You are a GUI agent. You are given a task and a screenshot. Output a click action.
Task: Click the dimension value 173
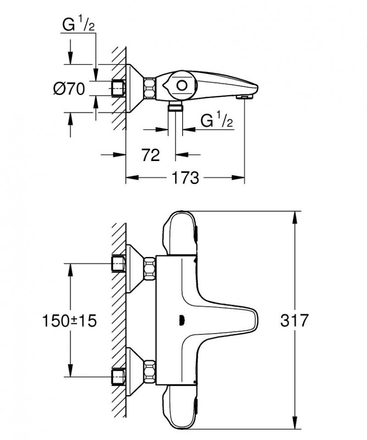click(186, 178)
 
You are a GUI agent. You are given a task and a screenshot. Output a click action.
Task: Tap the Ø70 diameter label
click(69, 89)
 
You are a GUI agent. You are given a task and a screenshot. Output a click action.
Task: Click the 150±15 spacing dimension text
click(70, 321)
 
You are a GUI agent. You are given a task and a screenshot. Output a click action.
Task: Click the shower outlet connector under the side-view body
click(175, 108)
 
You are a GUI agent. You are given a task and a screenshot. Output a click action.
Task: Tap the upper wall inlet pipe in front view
click(119, 264)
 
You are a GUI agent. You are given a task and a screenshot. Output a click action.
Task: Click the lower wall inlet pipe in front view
click(119, 377)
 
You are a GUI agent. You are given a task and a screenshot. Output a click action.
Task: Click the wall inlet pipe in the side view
click(119, 88)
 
